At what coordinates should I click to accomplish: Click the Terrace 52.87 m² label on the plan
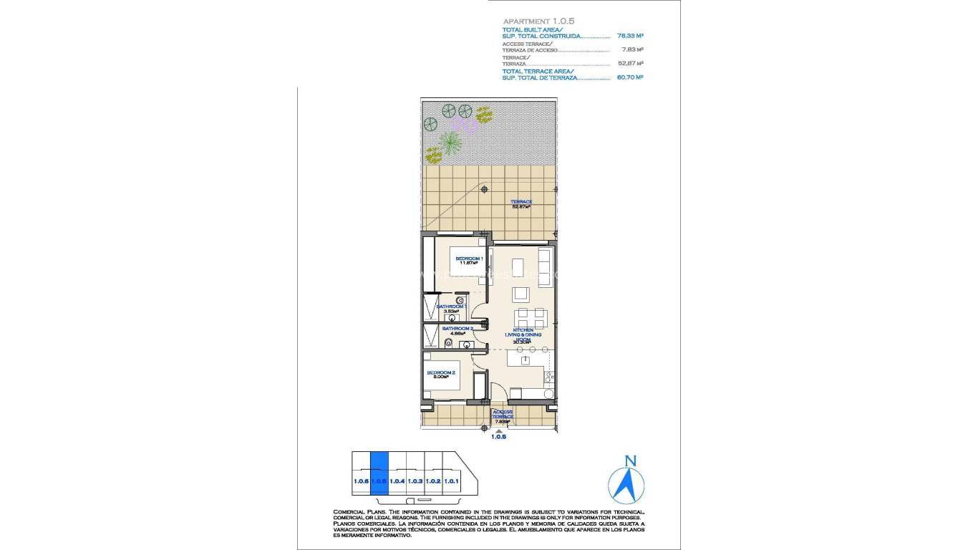[521, 203]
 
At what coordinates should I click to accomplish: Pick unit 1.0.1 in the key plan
[451, 481]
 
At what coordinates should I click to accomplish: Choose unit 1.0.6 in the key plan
[361, 481]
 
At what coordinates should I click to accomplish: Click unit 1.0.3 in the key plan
[415, 481]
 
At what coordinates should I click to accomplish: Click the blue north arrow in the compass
[627, 485]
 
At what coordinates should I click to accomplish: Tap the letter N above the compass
[630, 460]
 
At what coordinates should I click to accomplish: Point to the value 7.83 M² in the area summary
[633, 49]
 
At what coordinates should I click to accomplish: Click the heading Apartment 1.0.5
[538, 21]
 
